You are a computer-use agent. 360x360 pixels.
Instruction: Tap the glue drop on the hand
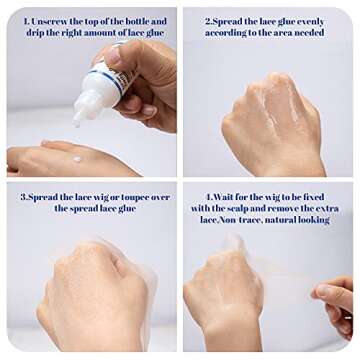(x=77, y=159)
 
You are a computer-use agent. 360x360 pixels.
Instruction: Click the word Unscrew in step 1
(x=49, y=22)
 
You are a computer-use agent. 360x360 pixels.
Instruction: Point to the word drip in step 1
(x=35, y=34)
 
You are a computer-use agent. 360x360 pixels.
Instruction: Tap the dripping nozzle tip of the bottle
(x=77, y=123)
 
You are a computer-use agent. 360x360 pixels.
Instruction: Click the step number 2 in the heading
(x=208, y=23)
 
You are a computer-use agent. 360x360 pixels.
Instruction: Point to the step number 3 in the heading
(x=23, y=198)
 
